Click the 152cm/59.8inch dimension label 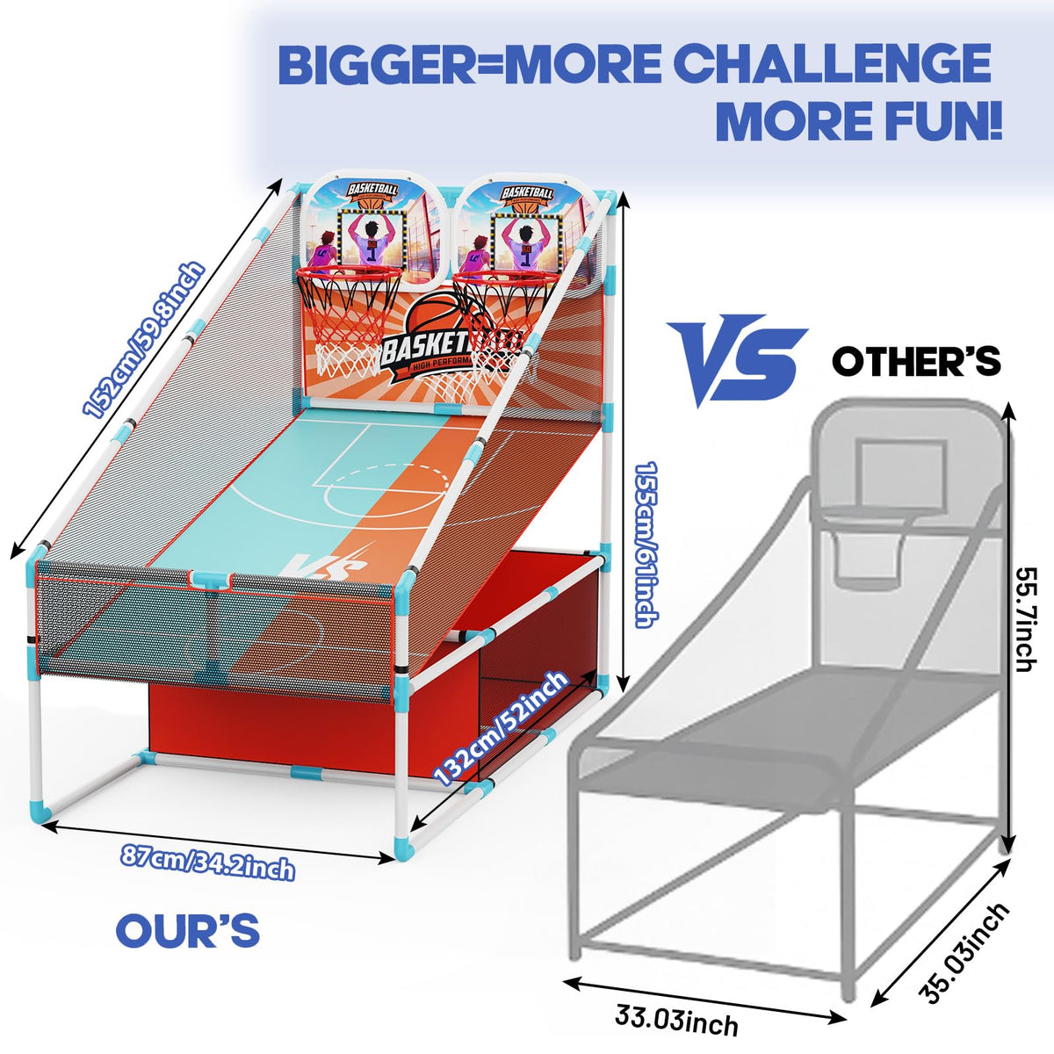click(x=143, y=340)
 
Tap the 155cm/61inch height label click(x=646, y=545)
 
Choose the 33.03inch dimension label click(x=676, y=1019)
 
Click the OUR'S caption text click(x=188, y=931)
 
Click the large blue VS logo click(x=736, y=360)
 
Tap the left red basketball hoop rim click(x=349, y=271)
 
